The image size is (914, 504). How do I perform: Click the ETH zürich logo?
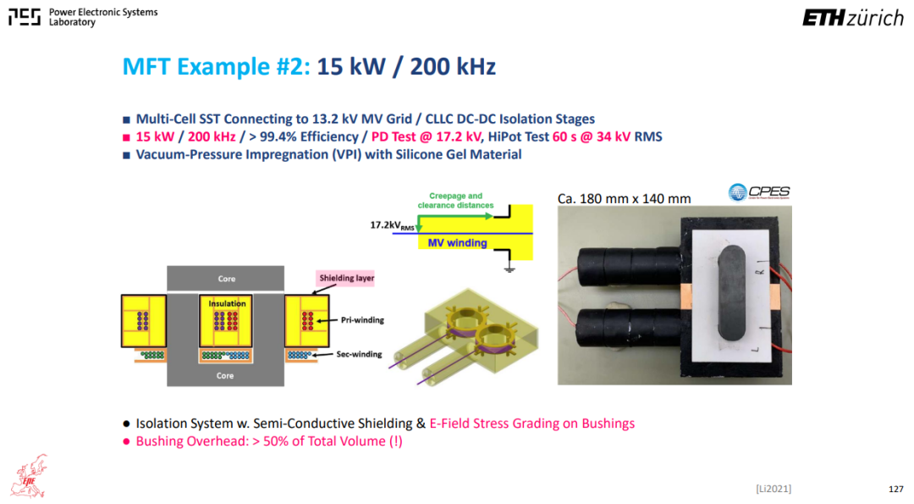[x=853, y=18]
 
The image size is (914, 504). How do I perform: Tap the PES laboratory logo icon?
[x=25, y=17]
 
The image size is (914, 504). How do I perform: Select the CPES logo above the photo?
[x=759, y=192]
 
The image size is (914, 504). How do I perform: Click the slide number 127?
[x=896, y=489]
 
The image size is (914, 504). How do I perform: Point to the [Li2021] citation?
[x=774, y=489]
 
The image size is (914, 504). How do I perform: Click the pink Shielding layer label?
[x=346, y=278]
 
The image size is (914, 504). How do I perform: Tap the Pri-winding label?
[x=362, y=319]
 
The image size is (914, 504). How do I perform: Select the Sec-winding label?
[x=359, y=354]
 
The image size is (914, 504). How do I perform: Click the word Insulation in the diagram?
[x=227, y=303]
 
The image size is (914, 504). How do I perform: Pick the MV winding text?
[x=458, y=242]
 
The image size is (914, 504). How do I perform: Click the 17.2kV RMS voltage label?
[x=393, y=225]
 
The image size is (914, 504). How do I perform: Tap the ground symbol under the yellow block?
[x=509, y=269]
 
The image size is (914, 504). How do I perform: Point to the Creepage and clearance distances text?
[x=455, y=201]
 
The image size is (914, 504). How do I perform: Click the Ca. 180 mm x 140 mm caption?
[x=625, y=198]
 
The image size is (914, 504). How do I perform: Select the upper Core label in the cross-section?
[x=227, y=279]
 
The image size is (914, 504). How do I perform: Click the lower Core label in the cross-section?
[x=225, y=375]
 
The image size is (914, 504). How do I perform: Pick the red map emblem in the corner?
[x=29, y=477]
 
